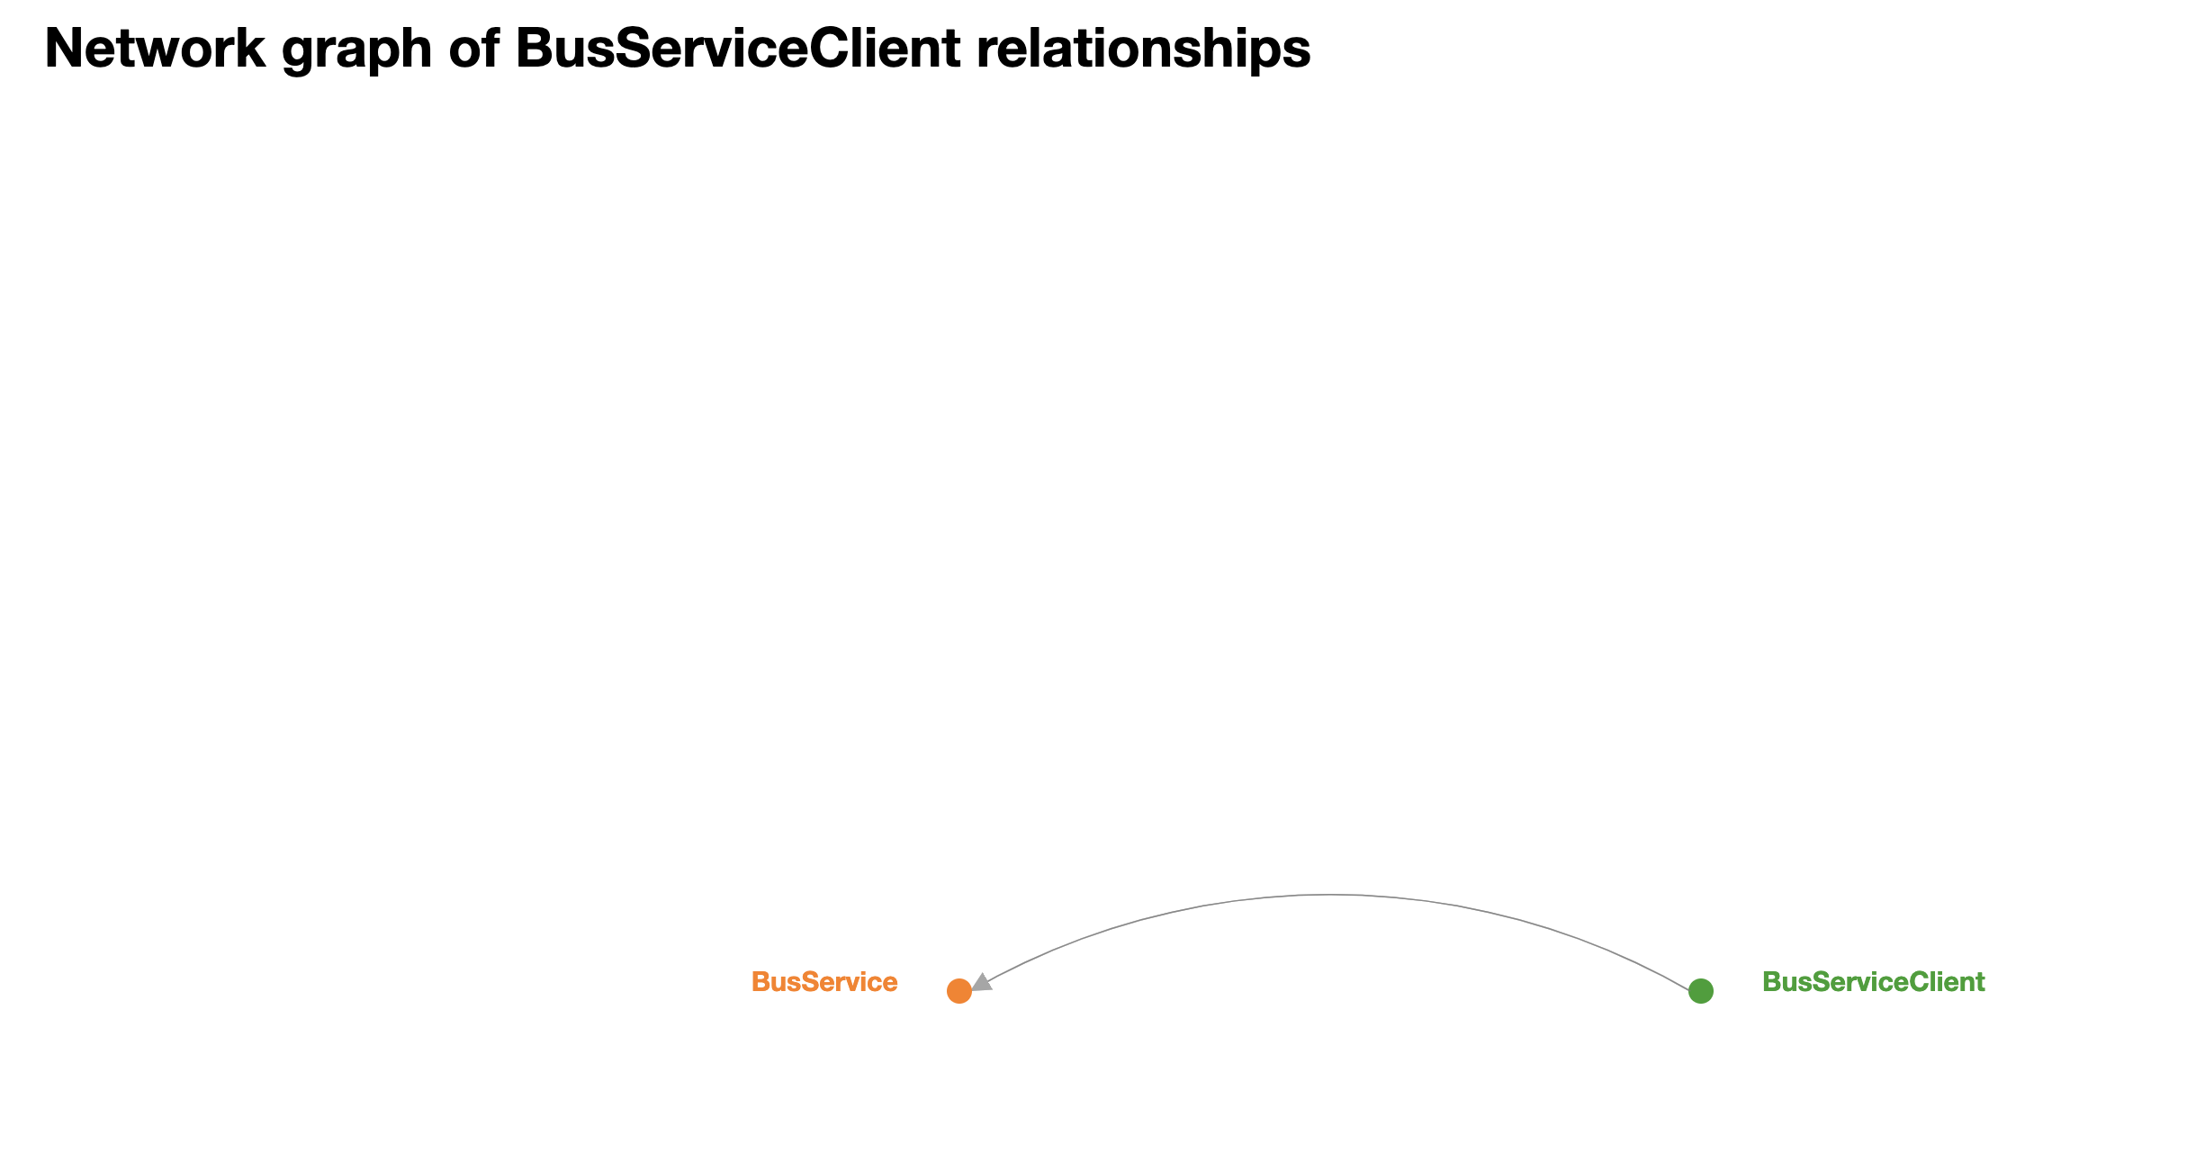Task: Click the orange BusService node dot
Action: click(x=959, y=991)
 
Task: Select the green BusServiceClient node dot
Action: click(x=1700, y=991)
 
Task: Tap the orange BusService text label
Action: click(x=824, y=982)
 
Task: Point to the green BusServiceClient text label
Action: click(x=1873, y=982)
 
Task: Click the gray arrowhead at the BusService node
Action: click(x=982, y=982)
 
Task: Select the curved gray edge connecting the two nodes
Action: click(x=1329, y=895)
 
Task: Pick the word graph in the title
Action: click(x=357, y=50)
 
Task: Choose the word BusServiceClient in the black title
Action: click(x=738, y=49)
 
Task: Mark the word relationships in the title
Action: click(x=1143, y=50)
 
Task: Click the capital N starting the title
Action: click(x=62, y=49)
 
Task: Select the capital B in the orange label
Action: click(x=760, y=982)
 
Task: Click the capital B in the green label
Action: click(x=1770, y=982)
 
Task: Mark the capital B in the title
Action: click(x=535, y=49)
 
